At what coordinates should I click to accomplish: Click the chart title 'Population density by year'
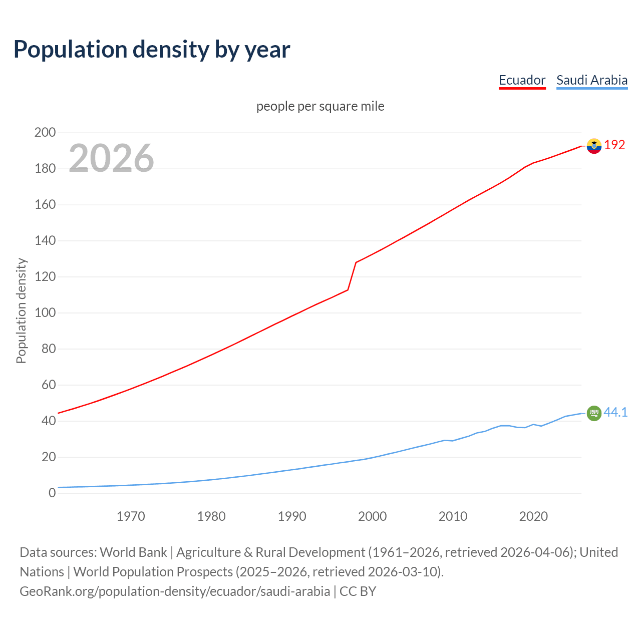coord(152,50)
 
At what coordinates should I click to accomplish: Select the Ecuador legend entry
coord(522,80)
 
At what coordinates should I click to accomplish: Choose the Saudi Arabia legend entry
coord(591,80)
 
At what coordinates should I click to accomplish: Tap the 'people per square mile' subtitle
coord(320,106)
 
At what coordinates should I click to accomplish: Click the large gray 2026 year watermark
coord(111,158)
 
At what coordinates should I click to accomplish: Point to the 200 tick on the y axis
coord(45,133)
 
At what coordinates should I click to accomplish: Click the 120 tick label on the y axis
coord(45,277)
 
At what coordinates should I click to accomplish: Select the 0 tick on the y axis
coord(52,493)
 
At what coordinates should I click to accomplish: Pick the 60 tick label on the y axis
coord(48,385)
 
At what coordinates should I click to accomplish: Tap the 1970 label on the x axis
coord(131,516)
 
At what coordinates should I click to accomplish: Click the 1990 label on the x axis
coord(292,516)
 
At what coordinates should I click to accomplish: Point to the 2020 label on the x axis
coord(533,516)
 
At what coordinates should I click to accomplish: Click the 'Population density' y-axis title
coord(21,310)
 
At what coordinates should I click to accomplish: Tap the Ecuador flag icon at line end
coord(594,146)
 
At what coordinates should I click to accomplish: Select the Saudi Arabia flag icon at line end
coord(594,413)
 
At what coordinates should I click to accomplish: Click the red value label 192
coord(614,145)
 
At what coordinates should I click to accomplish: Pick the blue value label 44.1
coord(615,412)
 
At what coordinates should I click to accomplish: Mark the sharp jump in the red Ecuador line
coord(352,275)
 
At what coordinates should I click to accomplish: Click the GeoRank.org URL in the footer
coord(175,591)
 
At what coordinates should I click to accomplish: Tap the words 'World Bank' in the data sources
coord(133,552)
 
